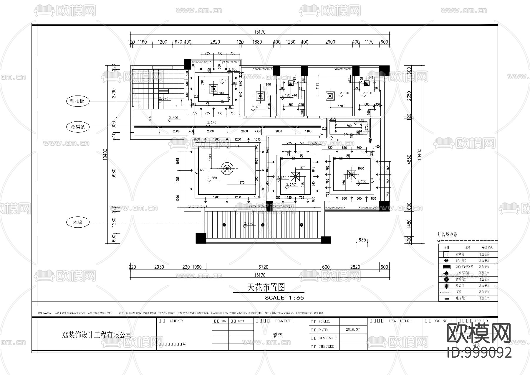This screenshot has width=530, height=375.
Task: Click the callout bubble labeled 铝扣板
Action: (x=77, y=101)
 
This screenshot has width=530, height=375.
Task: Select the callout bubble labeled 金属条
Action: (x=78, y=127)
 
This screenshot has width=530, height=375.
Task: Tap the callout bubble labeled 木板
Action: (x=78, y=222)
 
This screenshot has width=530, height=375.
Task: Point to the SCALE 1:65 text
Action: (x=284, y=298)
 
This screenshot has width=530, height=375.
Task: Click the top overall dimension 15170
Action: (x=259, y=32)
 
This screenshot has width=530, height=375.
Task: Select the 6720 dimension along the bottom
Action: (x=263, y=267)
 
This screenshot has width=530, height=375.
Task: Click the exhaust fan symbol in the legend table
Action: (x=447, y=254)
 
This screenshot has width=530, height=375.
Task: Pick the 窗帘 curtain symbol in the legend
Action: (x=447, y=292)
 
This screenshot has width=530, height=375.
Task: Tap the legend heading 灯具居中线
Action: (x=447, y=235)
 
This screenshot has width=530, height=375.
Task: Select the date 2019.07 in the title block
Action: (x=353, y=330)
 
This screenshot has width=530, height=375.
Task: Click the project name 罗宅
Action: (x=277, y=335)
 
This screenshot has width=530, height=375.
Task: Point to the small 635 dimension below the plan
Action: (x=362, y=240)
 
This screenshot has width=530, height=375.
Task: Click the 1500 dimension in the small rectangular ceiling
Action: (x=348, y=126)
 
